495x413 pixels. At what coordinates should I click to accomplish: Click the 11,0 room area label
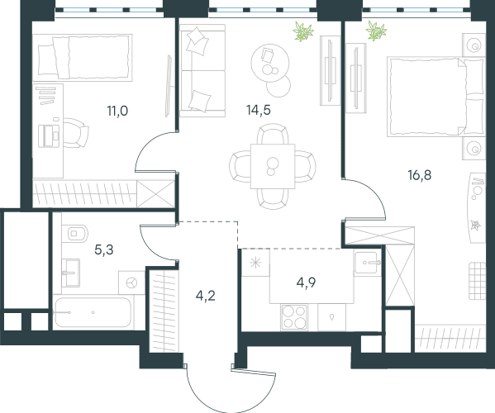click(117, 111)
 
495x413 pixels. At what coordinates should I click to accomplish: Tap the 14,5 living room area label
click(259, 110)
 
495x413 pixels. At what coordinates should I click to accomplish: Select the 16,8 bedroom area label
click(420, 175)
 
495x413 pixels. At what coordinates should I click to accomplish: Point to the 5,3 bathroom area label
click(104, 250)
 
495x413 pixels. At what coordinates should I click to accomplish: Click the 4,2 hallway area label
click(206, 296)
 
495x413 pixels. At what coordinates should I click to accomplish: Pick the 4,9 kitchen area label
click(307, 282)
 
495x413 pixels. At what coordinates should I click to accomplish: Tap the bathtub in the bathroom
click(93, 312)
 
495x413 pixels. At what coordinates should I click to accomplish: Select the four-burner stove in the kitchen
click(294, 317)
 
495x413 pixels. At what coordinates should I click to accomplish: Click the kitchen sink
click(366, 263)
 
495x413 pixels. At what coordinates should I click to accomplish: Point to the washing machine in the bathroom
click(131, 282)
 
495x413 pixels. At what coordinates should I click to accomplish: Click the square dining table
click(273, 166)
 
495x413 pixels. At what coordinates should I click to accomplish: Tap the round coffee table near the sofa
click(270, 63)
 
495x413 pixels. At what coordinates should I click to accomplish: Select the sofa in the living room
click(202, 71)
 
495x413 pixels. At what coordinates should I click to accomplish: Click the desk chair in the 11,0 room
click(76, 132)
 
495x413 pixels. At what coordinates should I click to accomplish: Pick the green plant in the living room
click(303, 31)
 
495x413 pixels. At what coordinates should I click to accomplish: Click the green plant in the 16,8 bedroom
click(376, 31)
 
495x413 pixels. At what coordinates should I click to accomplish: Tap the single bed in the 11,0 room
click(83, 58)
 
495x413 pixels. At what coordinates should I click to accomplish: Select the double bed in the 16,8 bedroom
click(436, 97)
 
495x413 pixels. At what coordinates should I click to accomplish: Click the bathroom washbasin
click(71, 273)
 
